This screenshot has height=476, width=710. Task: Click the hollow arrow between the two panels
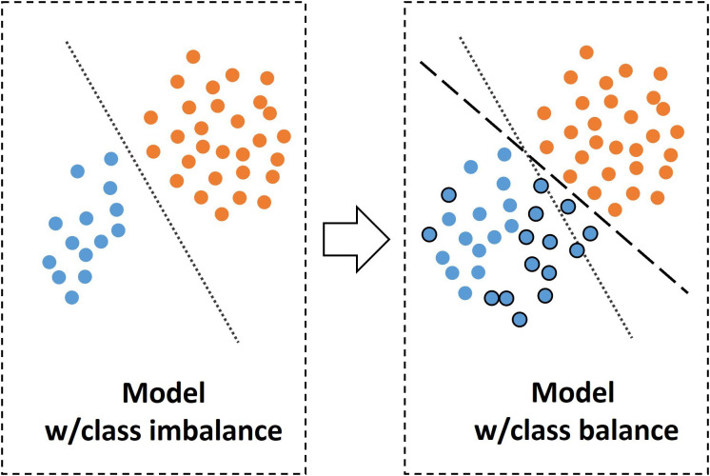[x=356, y=239]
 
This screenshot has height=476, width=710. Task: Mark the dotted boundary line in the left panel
[x=152, y=190]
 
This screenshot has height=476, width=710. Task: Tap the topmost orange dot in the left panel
[x=193, y=57]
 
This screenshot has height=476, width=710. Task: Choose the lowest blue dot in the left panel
[x=71, y=297]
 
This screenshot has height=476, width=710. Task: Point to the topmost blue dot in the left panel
[x=110, y=159]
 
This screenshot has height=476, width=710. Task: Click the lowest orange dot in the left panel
[x=222, y=213]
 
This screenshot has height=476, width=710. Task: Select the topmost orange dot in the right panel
[x=586, y=52]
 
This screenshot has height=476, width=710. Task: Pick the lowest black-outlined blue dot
[x=520, y=319]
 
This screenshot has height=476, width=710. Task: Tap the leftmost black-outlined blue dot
[x=428, y=233]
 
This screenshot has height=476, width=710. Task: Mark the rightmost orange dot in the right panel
[x=678, y=132]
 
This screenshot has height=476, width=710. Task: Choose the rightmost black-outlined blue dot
[x=590, y=232]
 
